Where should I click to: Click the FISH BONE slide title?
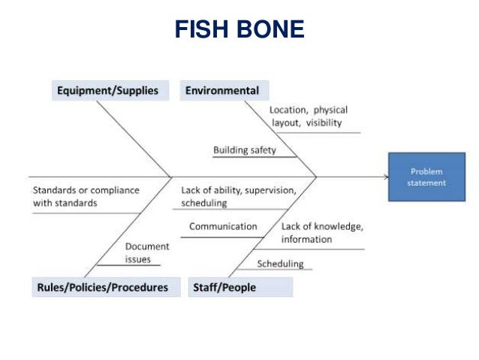[x=239, y=29]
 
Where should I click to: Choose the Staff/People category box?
[x=224, y=287]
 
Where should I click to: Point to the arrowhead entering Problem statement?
[x=386, y=177]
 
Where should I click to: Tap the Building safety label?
[x=245, y=150]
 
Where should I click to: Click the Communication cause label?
[x=223, y=226]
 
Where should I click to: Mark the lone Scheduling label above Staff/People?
[x=280, y=264]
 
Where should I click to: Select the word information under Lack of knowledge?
[x=306, y=239]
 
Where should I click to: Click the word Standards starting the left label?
[x=54, y=190]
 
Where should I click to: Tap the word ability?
[x=223, y=190]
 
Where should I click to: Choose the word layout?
[x=286, y=123]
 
